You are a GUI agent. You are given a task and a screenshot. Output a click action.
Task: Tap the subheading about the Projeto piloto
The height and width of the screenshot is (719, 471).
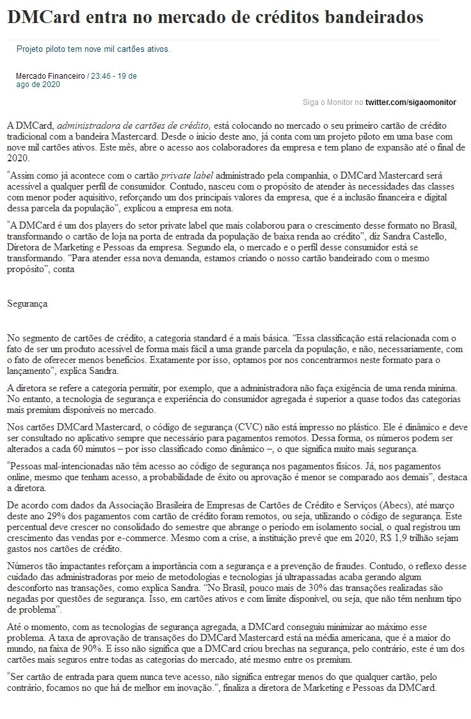pos(93,49)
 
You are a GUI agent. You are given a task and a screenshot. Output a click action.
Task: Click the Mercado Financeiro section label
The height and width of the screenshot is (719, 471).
pos(50,76)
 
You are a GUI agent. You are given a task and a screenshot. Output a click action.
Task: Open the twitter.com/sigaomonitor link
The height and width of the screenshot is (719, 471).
pos(411,102)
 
